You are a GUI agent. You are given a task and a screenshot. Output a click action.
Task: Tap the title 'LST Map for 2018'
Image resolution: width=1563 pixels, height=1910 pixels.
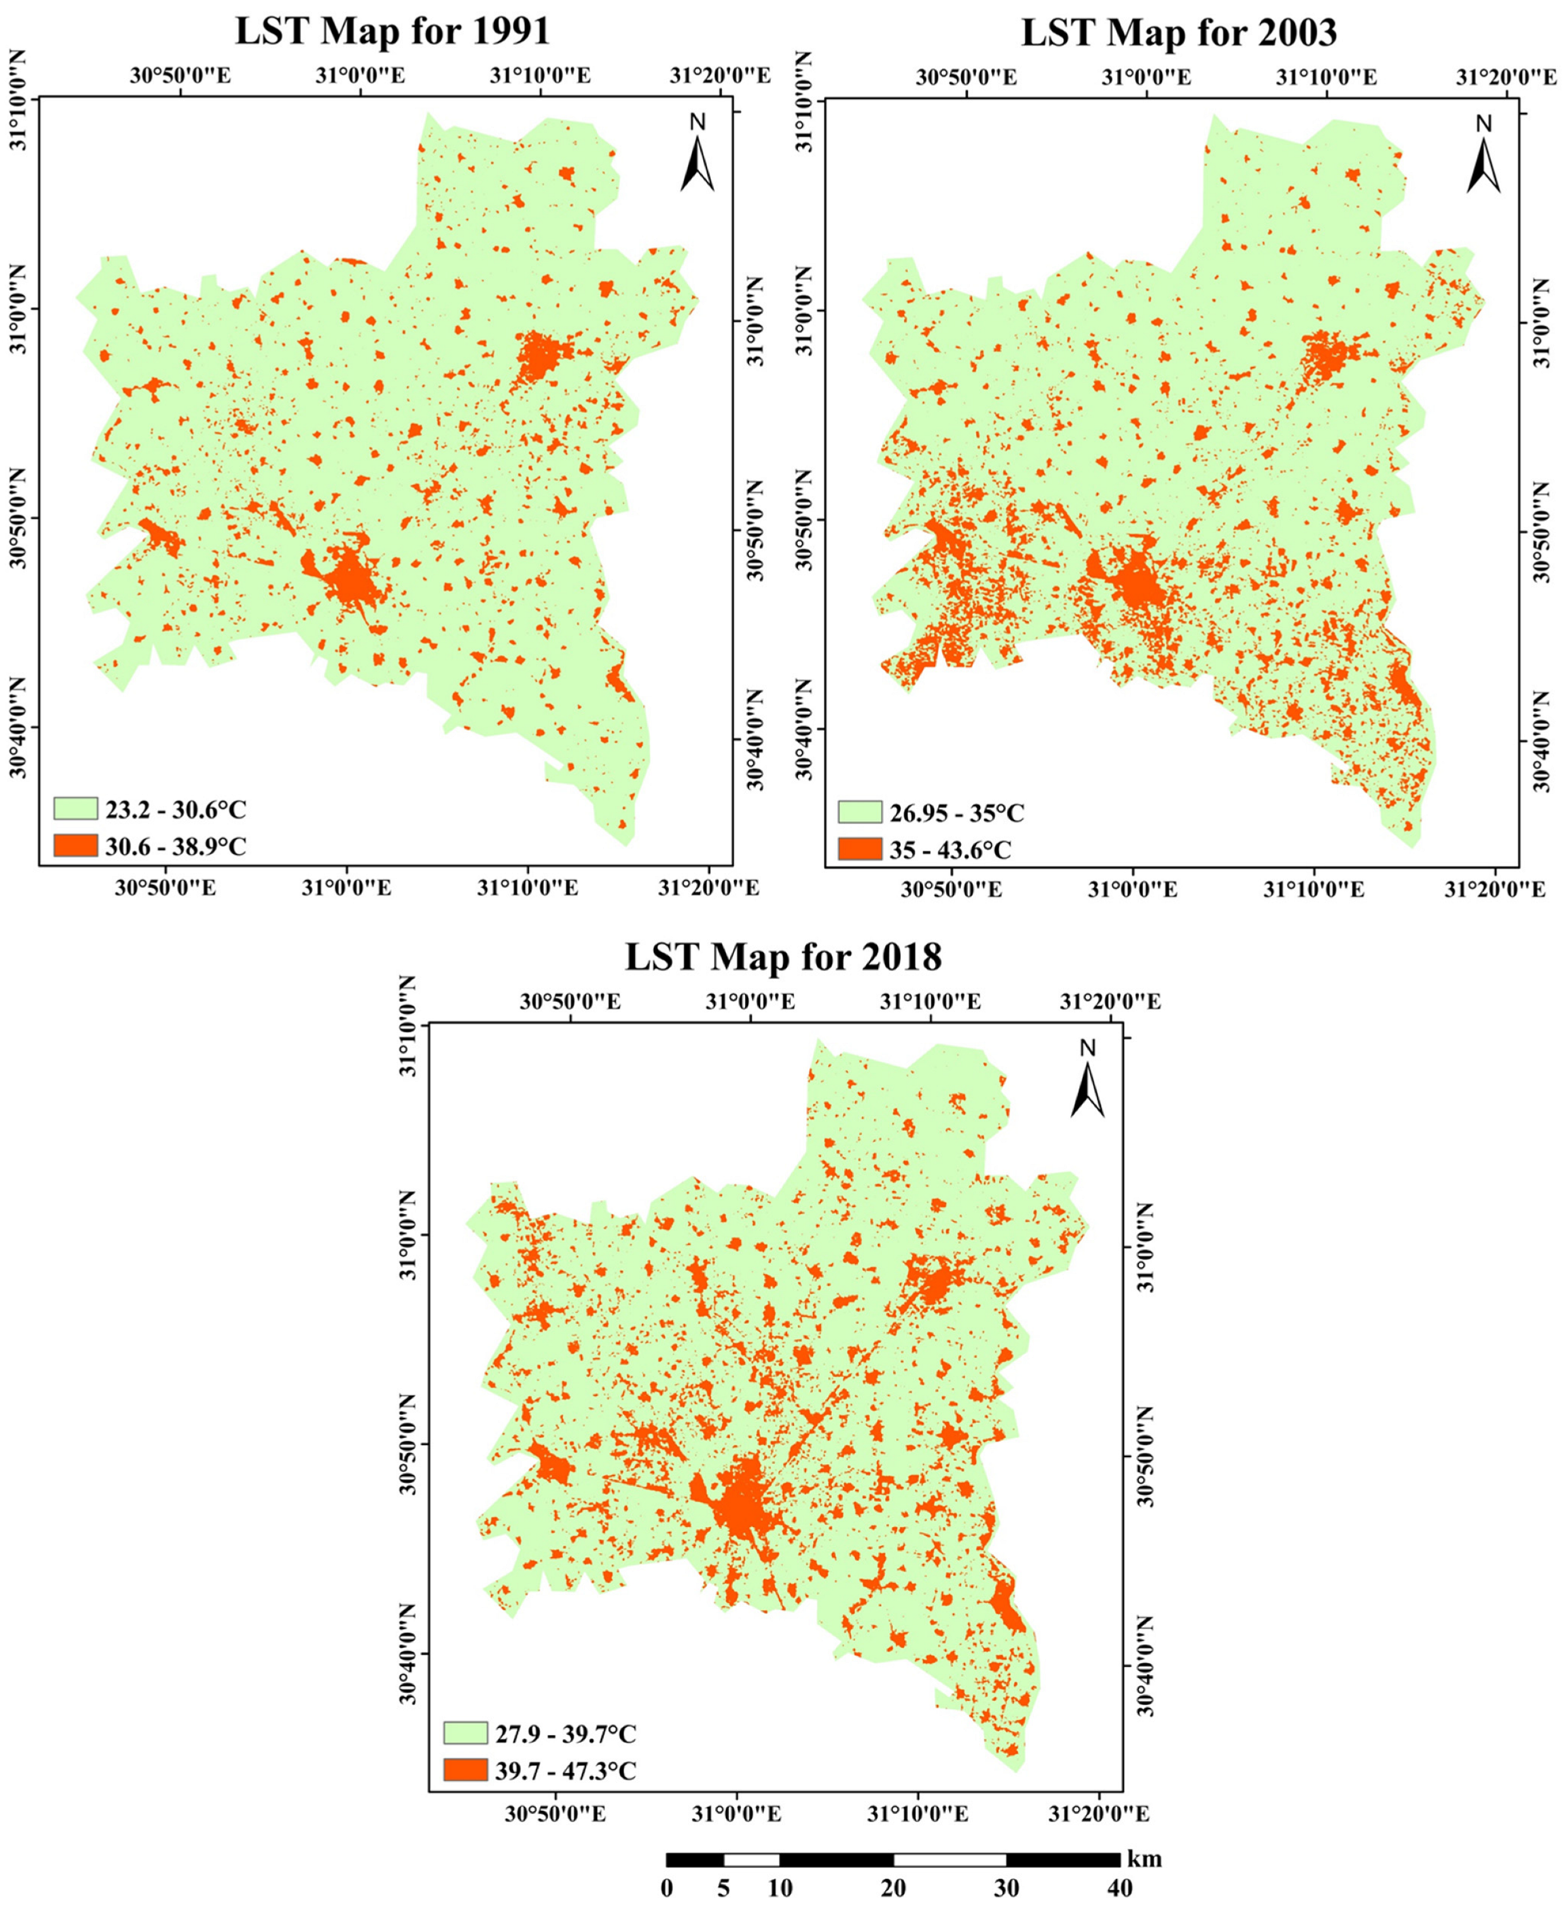(x=783, y=956)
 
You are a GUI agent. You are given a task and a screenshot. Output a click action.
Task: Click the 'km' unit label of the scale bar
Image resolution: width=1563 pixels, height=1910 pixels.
(x=1144, y=1857)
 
